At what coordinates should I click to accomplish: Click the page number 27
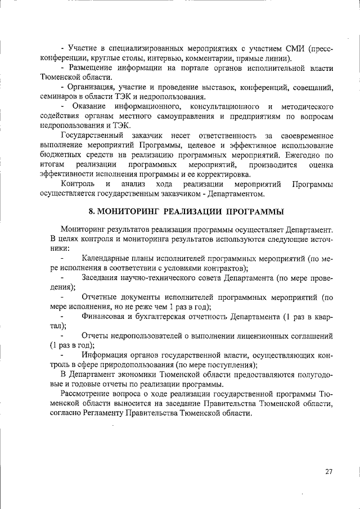[x=329, y=471]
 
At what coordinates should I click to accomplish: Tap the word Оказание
[x=89, y=106]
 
